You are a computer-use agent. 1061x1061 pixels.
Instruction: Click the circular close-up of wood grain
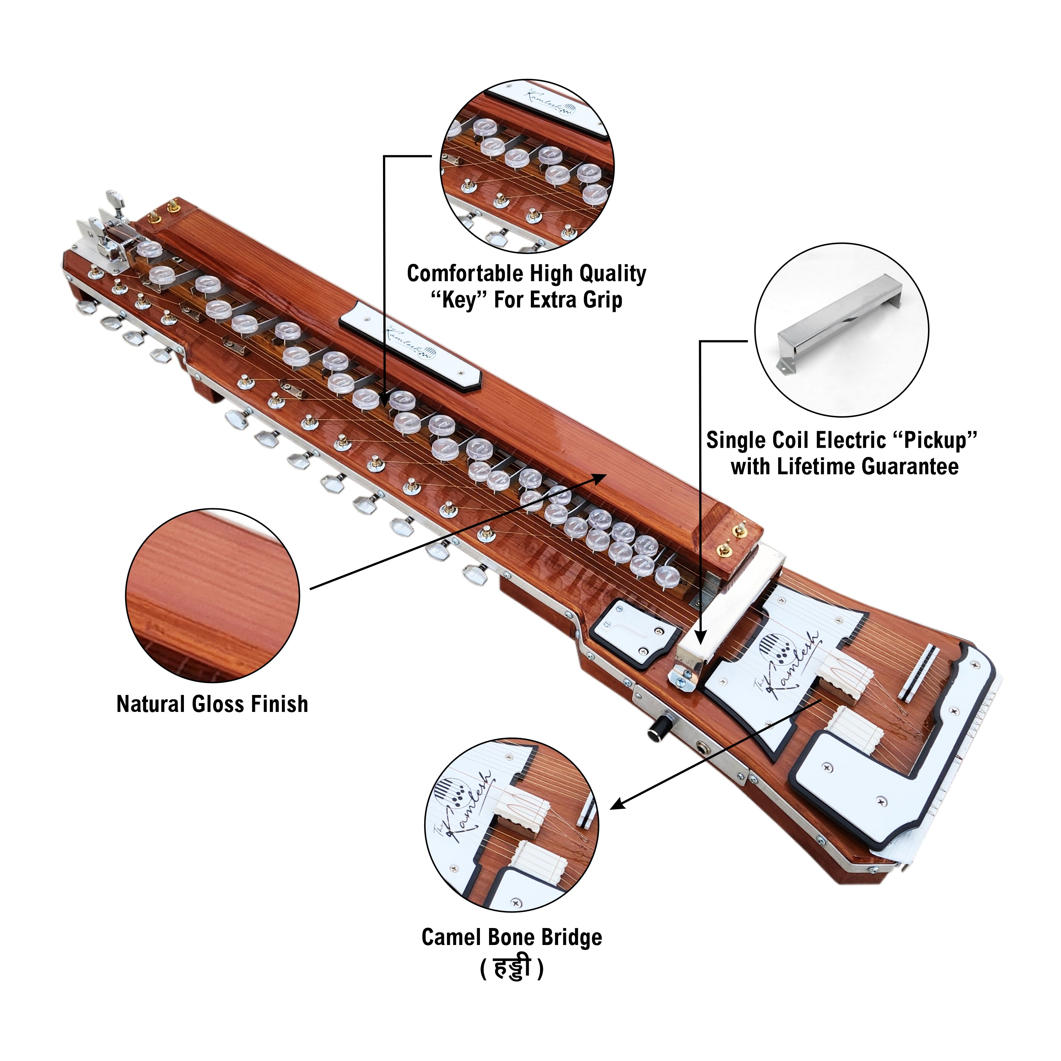click(213, 596)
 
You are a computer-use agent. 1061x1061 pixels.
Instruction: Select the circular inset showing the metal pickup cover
click(841, 330)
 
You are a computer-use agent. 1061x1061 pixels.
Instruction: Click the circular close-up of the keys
click(527, 166)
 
